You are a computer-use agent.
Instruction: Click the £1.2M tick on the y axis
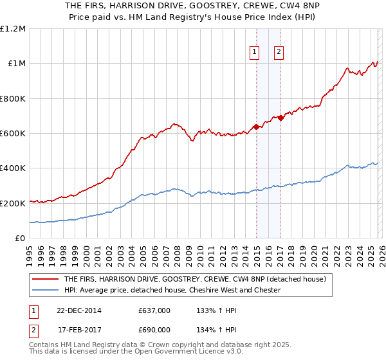(x=13, y=29)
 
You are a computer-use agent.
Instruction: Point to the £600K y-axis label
(x=13, y=134)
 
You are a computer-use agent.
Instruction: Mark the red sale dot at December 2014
(x=256, y=127)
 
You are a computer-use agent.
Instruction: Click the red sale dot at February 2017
(x=280, y=118)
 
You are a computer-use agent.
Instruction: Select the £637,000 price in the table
(x=154, y=310)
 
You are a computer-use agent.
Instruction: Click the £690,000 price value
(x=154, y=329)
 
